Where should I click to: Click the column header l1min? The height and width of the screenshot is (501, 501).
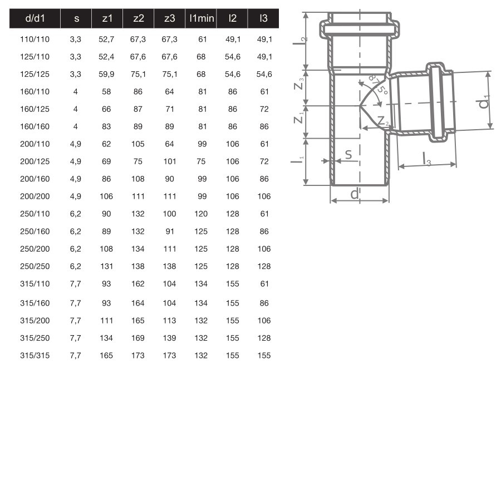click(202, 18)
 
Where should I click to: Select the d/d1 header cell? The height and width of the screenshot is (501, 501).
click(35, 18)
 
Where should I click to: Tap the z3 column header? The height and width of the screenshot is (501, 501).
click(170, 18)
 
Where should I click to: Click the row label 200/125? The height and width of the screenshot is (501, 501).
click(35, 161)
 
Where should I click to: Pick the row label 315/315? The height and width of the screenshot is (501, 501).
click(35, 355)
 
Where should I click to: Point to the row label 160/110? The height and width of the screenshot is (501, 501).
click(35, 91)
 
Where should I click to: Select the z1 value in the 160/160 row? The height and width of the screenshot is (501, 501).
click(106, 126)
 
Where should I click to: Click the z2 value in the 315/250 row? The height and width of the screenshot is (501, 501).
click(138, 338)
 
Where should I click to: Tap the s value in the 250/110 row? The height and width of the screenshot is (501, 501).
click(76, 214)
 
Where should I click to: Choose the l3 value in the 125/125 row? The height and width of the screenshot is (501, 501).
click(264, 74)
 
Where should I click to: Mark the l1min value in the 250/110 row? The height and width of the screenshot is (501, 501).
click(202, 214)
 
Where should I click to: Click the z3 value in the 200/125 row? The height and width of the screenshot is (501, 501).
click(170, 161)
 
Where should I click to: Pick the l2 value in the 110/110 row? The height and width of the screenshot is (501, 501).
click(233, 39)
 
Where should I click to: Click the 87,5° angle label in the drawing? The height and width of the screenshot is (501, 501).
click(377, 84)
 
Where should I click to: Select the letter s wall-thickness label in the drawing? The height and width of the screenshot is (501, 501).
click(348, 154)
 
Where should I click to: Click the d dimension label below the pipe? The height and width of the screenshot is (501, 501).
click(355, 194)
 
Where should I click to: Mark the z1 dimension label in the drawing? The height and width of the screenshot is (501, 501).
click(302, 120)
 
